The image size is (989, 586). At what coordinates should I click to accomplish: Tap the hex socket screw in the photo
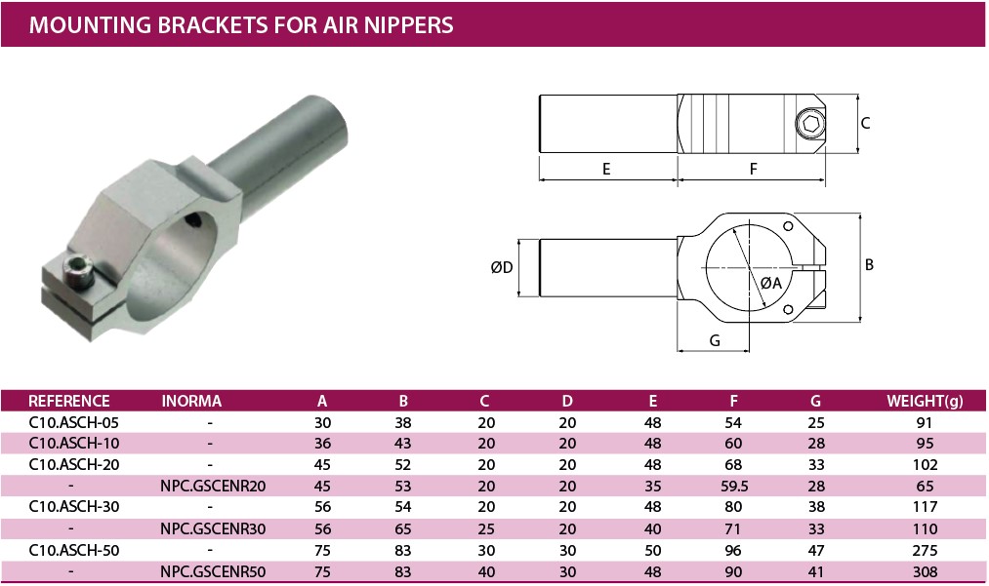click(x=79, y=272)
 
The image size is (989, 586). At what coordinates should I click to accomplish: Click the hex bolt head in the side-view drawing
click(x=810, y=124)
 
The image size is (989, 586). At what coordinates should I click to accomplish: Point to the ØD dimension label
click(x=502, y=268)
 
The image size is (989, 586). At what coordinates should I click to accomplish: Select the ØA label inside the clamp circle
click(x=770, y=283)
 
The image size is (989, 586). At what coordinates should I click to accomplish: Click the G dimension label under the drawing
click(x=715, y=340)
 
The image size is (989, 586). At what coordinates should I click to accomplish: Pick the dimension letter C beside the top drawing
click(x=865, y=124)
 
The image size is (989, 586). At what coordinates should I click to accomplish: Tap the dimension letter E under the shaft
click(x=606, y=169)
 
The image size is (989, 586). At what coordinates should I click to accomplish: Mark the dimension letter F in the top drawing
click(x=753, y=169)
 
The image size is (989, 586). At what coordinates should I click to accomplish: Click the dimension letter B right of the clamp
click(x=869, y=264)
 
